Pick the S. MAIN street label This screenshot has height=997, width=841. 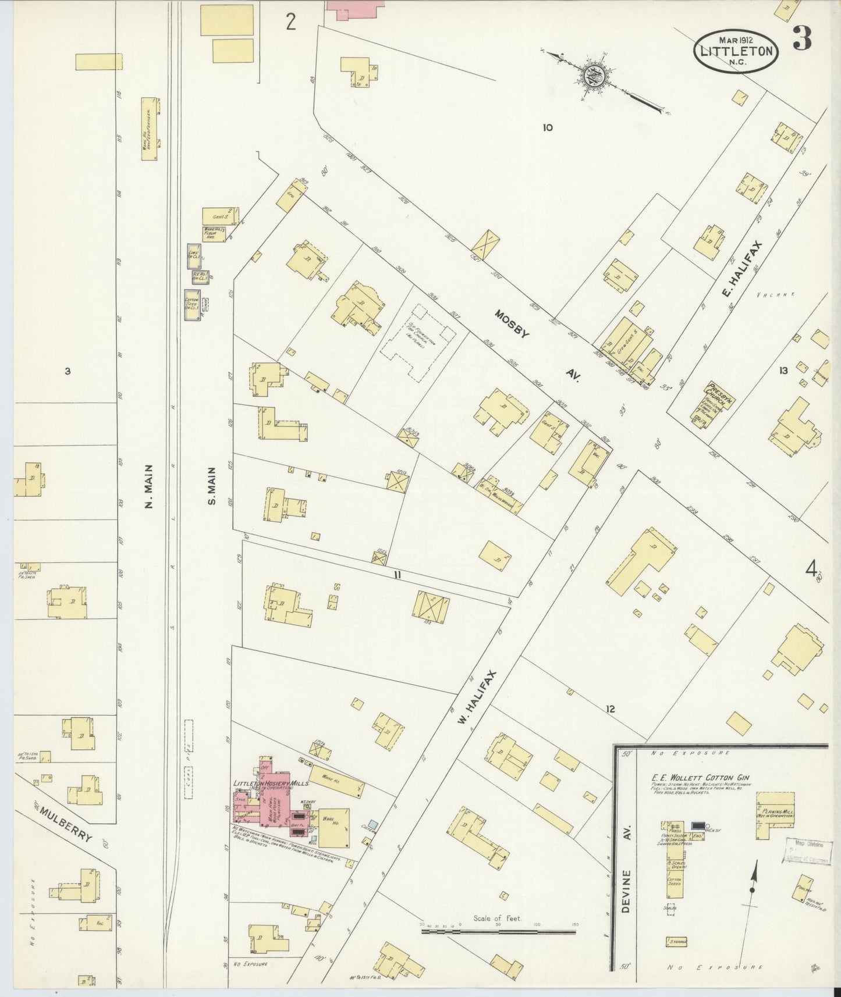coord(212,486)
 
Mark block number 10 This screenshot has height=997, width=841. coord(547,127)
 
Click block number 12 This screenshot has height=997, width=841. coord(609,709)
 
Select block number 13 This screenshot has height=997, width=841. coord(783,371)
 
